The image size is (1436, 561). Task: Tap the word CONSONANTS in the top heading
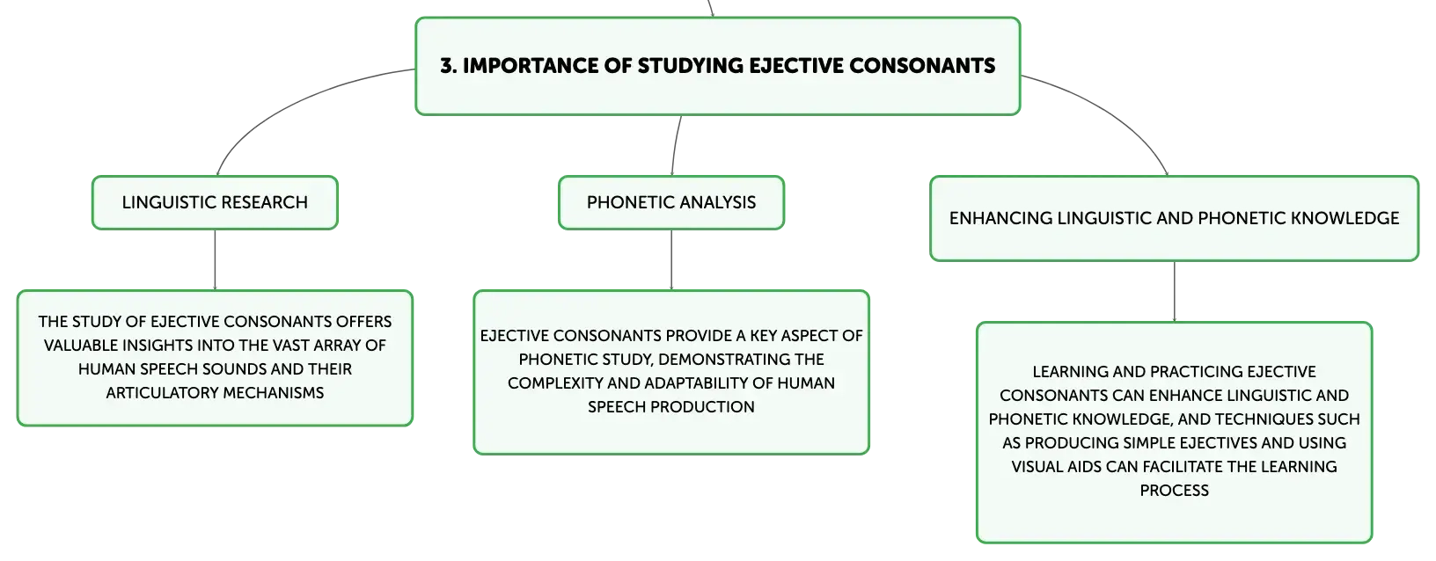(922, 66)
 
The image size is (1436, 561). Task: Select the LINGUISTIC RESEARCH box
(215, 202)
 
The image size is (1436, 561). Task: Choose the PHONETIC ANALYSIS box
(671, 202)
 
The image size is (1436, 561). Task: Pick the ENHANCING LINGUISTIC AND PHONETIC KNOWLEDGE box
(1175, 218)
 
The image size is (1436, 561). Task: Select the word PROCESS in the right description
(1175, 491)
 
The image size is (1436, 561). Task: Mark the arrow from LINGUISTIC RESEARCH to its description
(215, 260)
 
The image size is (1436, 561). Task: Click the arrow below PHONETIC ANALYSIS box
(671, 260)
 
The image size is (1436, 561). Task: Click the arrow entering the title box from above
(710, 8)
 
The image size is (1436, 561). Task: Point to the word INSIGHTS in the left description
(157, 346)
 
